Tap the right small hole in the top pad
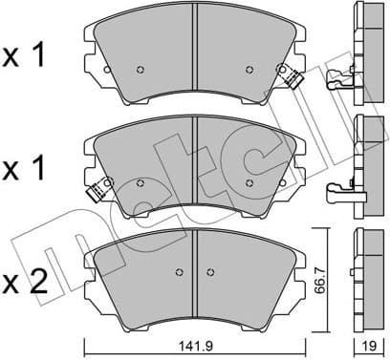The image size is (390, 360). tap(249, 69)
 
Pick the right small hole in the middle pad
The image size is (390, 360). tap(249, 182)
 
